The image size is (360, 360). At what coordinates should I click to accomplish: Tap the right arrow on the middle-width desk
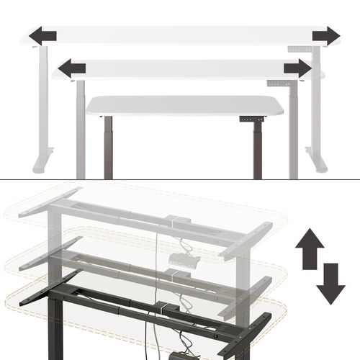pyautogui.click(x=297, y=68)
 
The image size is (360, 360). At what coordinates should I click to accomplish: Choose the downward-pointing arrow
pyautogui.click(x=330, y=284)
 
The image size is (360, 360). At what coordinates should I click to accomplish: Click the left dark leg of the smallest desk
pyautogui.click(x=109, y=148)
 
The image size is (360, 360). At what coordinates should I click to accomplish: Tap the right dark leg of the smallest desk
pyautogui.click(x=256, y=148)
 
